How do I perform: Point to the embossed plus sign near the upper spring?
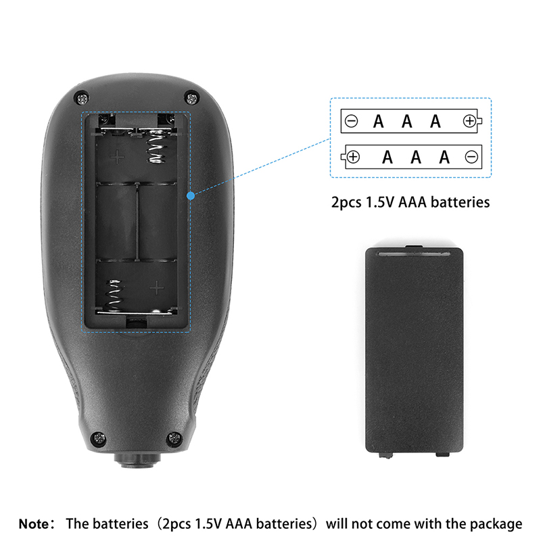click(x=118, y=158)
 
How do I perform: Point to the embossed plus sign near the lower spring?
click(x=157, y=288)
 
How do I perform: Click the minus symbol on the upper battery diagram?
click(x=351, y=122)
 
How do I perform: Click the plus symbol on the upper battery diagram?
click(x=469, y=122)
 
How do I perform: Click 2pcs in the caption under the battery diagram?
click(x=346, y=202)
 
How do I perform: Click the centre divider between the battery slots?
click(x=137, y=221)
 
